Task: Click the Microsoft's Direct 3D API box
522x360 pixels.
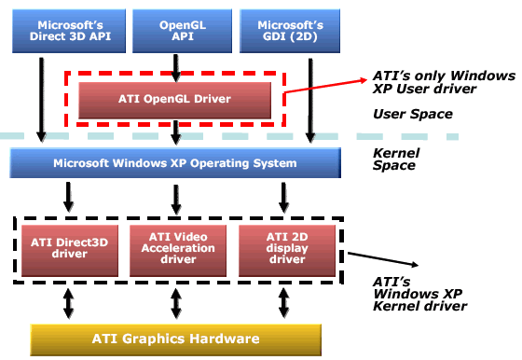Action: (x=69, y=31)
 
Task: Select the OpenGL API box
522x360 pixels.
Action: (x=182, y=31)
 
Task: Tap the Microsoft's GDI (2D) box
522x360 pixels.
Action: (x=290, y=31)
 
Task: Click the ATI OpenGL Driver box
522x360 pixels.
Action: (x=175, y=100)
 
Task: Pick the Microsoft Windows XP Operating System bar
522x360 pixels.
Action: (x=175, y=163)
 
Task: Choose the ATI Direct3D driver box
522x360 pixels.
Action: (x=70, y=251)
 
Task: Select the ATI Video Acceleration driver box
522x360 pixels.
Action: (x=178, y=251)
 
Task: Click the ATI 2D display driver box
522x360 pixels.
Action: (x=287, y=251)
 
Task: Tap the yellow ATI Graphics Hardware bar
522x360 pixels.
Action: (x=176, y=339)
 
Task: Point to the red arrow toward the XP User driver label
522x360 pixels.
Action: (x=325, y=86)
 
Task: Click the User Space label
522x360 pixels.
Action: (x=413, y=114)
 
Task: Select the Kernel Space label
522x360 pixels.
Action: (x=396, y=159)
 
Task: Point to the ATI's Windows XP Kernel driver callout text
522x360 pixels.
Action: (x=420, y=295)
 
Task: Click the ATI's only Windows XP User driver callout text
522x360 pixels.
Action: (x=444, y=82)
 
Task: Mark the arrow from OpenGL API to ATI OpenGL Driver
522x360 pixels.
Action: (x=176, y=68)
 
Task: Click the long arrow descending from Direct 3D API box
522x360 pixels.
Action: (x=41, y=100)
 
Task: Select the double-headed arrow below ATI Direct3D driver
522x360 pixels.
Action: (x=69, y=303)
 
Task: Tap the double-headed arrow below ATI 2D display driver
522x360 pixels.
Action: (x=283, y=303)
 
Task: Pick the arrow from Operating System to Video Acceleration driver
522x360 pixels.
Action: (x=176, y=200)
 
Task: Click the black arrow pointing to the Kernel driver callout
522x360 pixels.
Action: (x=383, y=259)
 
